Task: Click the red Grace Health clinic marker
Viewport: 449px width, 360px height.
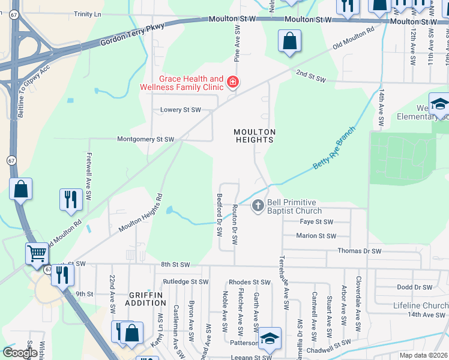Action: (x=232, y=82)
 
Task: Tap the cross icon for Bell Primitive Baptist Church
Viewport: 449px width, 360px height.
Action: (x=258, y=206)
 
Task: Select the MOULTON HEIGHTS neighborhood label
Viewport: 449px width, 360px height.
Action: (x=255, y=136)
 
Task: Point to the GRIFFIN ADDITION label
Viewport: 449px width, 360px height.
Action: (x=145, y=298)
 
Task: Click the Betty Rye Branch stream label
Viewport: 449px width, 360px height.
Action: (x=334, y=148)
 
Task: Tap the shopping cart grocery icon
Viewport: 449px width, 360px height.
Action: (x=37, y=254)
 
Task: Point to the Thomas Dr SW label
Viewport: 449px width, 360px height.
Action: (x=360, y=251)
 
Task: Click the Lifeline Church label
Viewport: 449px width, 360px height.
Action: (x=420, y=305)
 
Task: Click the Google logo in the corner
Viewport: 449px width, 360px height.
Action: (x=20, y=352)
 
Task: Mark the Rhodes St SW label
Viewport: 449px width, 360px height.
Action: (x=250, y=282)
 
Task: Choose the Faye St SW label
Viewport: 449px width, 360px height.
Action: (x=316, y=221)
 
